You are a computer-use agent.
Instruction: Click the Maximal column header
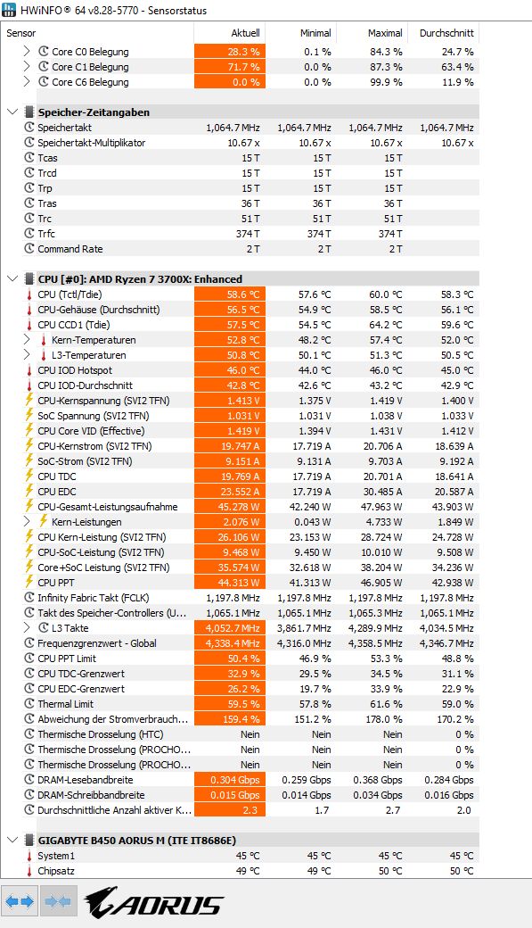point(385,33)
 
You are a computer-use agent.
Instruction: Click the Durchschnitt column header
point(446,33)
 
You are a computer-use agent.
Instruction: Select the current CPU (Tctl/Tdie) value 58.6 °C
point(243,294)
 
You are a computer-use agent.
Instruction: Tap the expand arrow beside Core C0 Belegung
point(27,52)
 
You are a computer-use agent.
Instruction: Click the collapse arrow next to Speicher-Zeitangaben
point(12,112)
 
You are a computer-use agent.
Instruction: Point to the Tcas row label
point(47,158)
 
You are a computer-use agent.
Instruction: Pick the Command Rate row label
point(70,249)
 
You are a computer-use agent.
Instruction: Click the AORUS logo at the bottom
point(153,902)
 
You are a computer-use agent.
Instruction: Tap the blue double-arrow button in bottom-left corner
point(20,901)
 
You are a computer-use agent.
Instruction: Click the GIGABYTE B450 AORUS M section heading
point(137,841)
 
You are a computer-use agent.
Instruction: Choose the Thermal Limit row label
point(66,704)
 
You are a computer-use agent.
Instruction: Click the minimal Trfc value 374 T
point(319,234)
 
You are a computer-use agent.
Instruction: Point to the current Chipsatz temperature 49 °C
point(248,871)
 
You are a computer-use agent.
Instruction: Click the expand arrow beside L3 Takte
point(27,628)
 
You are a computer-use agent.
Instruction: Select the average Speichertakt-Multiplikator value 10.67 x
point(457,143)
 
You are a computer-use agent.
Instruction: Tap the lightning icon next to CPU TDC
point(29,476)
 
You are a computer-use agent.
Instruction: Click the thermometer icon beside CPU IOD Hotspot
point(29,370)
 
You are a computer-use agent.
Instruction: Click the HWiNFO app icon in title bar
point(9,10)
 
